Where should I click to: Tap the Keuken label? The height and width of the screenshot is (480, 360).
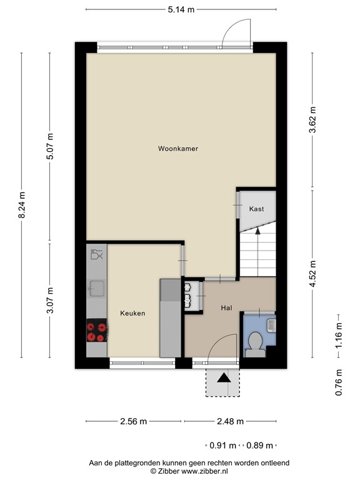coord(132,313)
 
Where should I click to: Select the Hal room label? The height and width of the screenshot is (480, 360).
coord(226,307)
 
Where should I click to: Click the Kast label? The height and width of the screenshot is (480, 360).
coord(256,209)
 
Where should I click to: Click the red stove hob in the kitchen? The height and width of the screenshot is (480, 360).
coord(96,331)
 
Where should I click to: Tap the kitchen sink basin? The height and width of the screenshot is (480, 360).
coord(97,288)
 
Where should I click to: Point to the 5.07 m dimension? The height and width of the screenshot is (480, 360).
coord(51,147)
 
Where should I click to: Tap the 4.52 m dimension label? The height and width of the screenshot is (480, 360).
coord(312,274)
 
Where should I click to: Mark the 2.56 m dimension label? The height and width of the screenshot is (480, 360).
coord(133,421)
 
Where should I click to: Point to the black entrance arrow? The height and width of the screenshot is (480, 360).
coord(223,377)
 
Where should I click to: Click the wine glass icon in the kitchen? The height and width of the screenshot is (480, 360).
coord(97,254)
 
